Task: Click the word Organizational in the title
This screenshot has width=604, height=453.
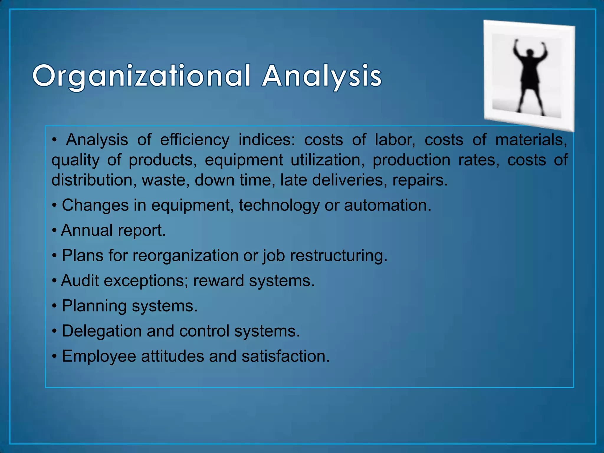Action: [x=142, y=76]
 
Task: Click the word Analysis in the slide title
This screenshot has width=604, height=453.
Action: [x=321, y=76]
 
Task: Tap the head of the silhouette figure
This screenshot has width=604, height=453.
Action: [x=530, y=53]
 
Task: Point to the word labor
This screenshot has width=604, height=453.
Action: [x=395, y=140]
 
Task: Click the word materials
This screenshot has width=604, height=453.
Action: [x=531, y=140]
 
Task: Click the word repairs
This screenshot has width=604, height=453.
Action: [x=420, y=180]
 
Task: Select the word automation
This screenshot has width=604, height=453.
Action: [x=387, y=205]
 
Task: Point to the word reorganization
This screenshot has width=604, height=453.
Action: [x=185, y=256]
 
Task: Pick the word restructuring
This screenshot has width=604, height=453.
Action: [x=338, y=256]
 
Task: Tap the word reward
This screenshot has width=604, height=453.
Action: [x=218, y=280]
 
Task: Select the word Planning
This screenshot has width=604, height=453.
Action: [x=94, y=306]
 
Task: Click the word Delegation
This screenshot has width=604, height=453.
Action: [x=101, y=331]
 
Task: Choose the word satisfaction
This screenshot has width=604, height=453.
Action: [x=285, y=356]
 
